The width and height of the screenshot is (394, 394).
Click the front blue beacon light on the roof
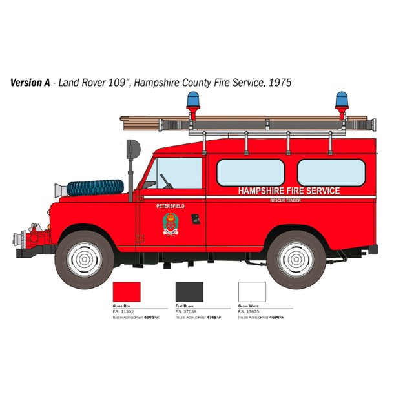coord(192,101)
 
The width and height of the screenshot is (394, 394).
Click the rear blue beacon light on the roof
coord(341,101)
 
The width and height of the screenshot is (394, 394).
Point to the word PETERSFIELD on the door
coord(170,206)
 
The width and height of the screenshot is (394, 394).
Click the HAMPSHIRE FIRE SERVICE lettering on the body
coord(289,191)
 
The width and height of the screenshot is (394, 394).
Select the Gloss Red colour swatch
coord(126,291)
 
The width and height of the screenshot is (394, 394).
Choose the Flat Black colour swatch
coord(189,291)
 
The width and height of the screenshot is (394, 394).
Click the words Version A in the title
coord(30,83)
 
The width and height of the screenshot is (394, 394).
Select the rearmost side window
coord(331,172)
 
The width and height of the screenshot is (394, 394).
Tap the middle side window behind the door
coord(250,172)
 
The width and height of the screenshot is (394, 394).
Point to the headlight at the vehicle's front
coord(59,190)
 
